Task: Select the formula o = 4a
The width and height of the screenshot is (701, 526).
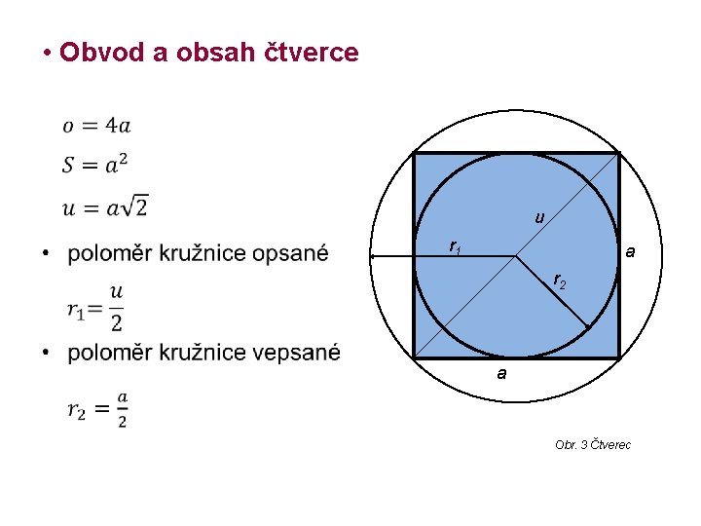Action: coord(96,125)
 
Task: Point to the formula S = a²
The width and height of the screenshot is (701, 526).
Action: coord(94,164)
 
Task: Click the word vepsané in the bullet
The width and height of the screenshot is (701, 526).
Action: coord(296,352)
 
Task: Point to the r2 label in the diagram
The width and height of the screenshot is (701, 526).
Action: coord(559,282)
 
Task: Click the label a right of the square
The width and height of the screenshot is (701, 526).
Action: coord(631,252)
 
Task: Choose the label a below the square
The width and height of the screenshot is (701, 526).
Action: coord(500,373)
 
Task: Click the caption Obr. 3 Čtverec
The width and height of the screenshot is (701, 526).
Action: coord(593,444)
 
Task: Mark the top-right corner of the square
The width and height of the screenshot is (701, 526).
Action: coord(619,153)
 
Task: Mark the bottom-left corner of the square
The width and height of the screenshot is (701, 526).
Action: coord(415,357)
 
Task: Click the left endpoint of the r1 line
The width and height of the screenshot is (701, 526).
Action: coord(372,256)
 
